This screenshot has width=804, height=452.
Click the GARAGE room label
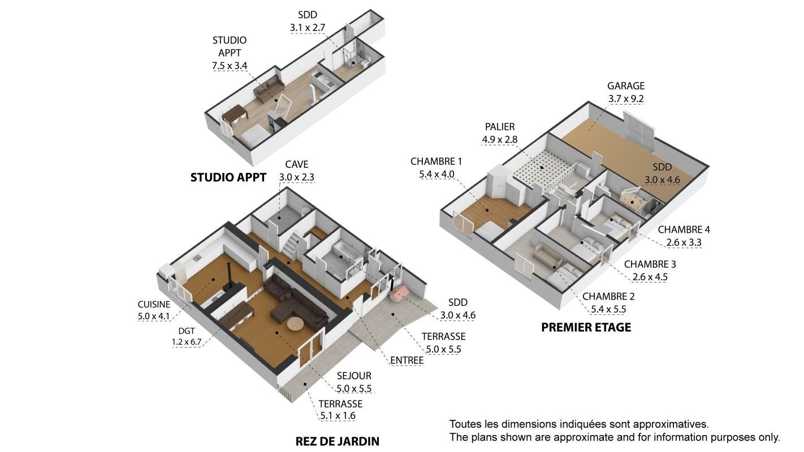click(x=625, y=86)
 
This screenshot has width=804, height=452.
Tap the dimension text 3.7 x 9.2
click(x=625, y=99)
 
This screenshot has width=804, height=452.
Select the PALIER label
click(x=500, y=127)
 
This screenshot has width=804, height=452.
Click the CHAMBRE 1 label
click(x=436, y=162)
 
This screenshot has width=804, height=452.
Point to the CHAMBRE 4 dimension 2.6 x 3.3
click(x=684, y=242)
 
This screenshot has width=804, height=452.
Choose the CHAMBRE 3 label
click(x=650, y=264)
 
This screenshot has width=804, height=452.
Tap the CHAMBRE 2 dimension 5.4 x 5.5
click(x=608, y=309)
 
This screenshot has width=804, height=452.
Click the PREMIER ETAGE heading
click(x=586, y=327)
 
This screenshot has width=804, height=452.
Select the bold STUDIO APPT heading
click(x=228, y=177)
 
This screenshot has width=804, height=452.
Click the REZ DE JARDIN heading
click(x=337, y=441)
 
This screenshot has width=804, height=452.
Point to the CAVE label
click(x=296, y=164)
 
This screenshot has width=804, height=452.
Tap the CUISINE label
click(x=154, y=305)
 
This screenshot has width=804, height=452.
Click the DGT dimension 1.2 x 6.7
click(x=186, y=342)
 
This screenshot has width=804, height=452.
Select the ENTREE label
click(x=407, y=360)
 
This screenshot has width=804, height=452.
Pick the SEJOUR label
click(x=354, y=376)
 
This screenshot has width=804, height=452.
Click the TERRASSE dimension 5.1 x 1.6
click(x=338, y=416)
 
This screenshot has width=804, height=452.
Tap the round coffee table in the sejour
click(x=296, y=324)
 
